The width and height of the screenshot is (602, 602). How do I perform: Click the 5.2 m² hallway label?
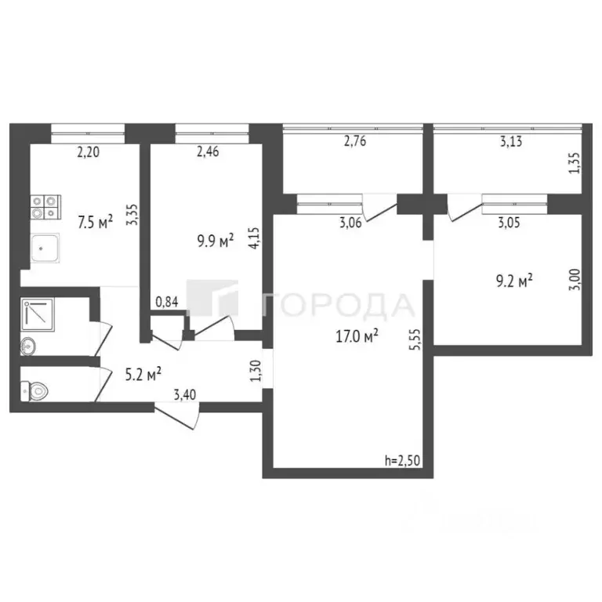pos(143,374)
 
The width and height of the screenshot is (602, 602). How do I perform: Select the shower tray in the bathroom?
pos(37,314)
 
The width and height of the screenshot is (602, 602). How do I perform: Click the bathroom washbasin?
pos(28,345)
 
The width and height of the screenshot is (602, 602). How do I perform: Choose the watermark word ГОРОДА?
pos(339,304)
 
